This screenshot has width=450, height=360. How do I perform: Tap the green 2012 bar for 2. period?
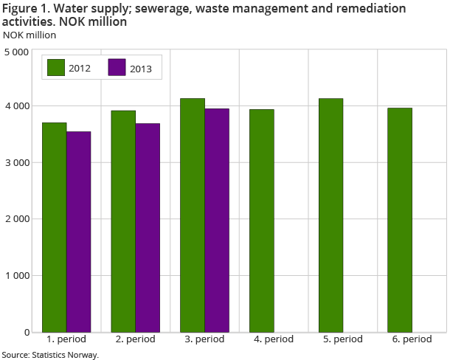(x=123, y=221)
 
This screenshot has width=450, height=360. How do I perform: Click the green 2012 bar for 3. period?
(x=193, y=215)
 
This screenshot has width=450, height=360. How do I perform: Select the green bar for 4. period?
(x=262, y=221)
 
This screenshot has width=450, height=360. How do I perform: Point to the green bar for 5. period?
(x=330, y=215)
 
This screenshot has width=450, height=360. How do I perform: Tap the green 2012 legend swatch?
(x=56, y=67)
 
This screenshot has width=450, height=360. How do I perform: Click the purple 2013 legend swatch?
(x=117, y=67)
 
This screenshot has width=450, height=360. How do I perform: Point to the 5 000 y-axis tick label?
(x=16, y=52)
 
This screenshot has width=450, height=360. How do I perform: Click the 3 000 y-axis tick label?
(x=16, y=163)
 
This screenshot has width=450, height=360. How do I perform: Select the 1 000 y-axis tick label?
(x=16, y=276)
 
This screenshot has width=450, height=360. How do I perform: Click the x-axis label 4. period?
(x=273, y=340)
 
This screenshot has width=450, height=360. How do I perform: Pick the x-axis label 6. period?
(x=412, y=340)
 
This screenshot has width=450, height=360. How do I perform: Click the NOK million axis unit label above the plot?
(x=30, y=35)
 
